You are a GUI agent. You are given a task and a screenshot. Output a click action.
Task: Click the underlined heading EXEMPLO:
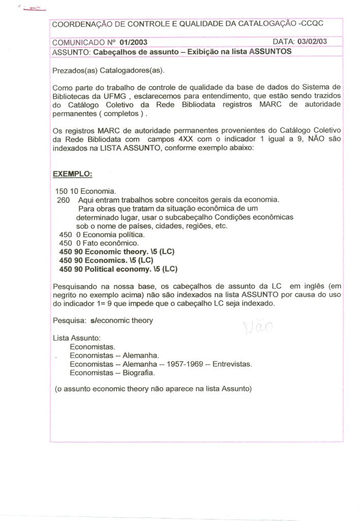tap(73, 173)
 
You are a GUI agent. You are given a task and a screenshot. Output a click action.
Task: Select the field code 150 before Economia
tap(61, 191)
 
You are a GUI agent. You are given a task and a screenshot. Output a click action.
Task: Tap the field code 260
tap(64, 200)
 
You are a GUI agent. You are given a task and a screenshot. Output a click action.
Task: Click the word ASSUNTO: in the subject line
tap(72, 52)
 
